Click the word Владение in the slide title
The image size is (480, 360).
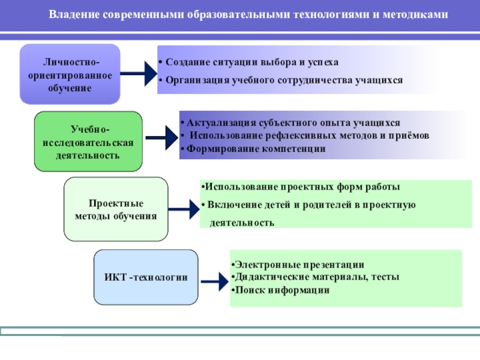point(71,13)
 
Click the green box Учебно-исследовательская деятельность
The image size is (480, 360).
point(89,142)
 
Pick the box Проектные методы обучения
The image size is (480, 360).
point(115,209)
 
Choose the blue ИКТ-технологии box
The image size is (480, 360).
point(146,277)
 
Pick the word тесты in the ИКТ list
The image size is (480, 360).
point(385,277)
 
